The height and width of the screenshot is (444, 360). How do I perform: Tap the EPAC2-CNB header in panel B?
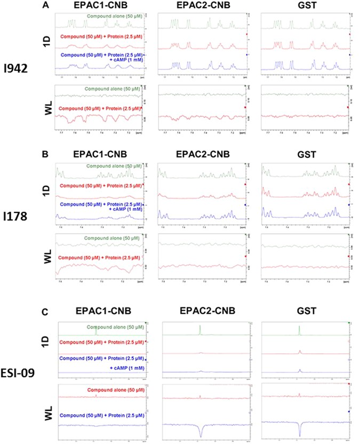[202, 157]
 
